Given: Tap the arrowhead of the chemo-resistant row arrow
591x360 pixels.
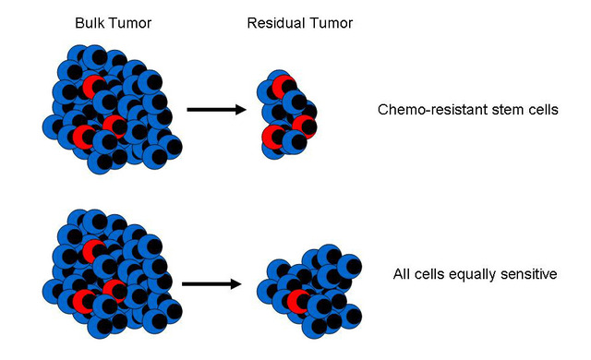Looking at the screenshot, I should pos(240,110).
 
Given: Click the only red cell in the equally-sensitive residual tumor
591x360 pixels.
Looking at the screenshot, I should pos(298,300).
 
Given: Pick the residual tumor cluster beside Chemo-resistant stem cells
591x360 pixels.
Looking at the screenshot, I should pos(288,113).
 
